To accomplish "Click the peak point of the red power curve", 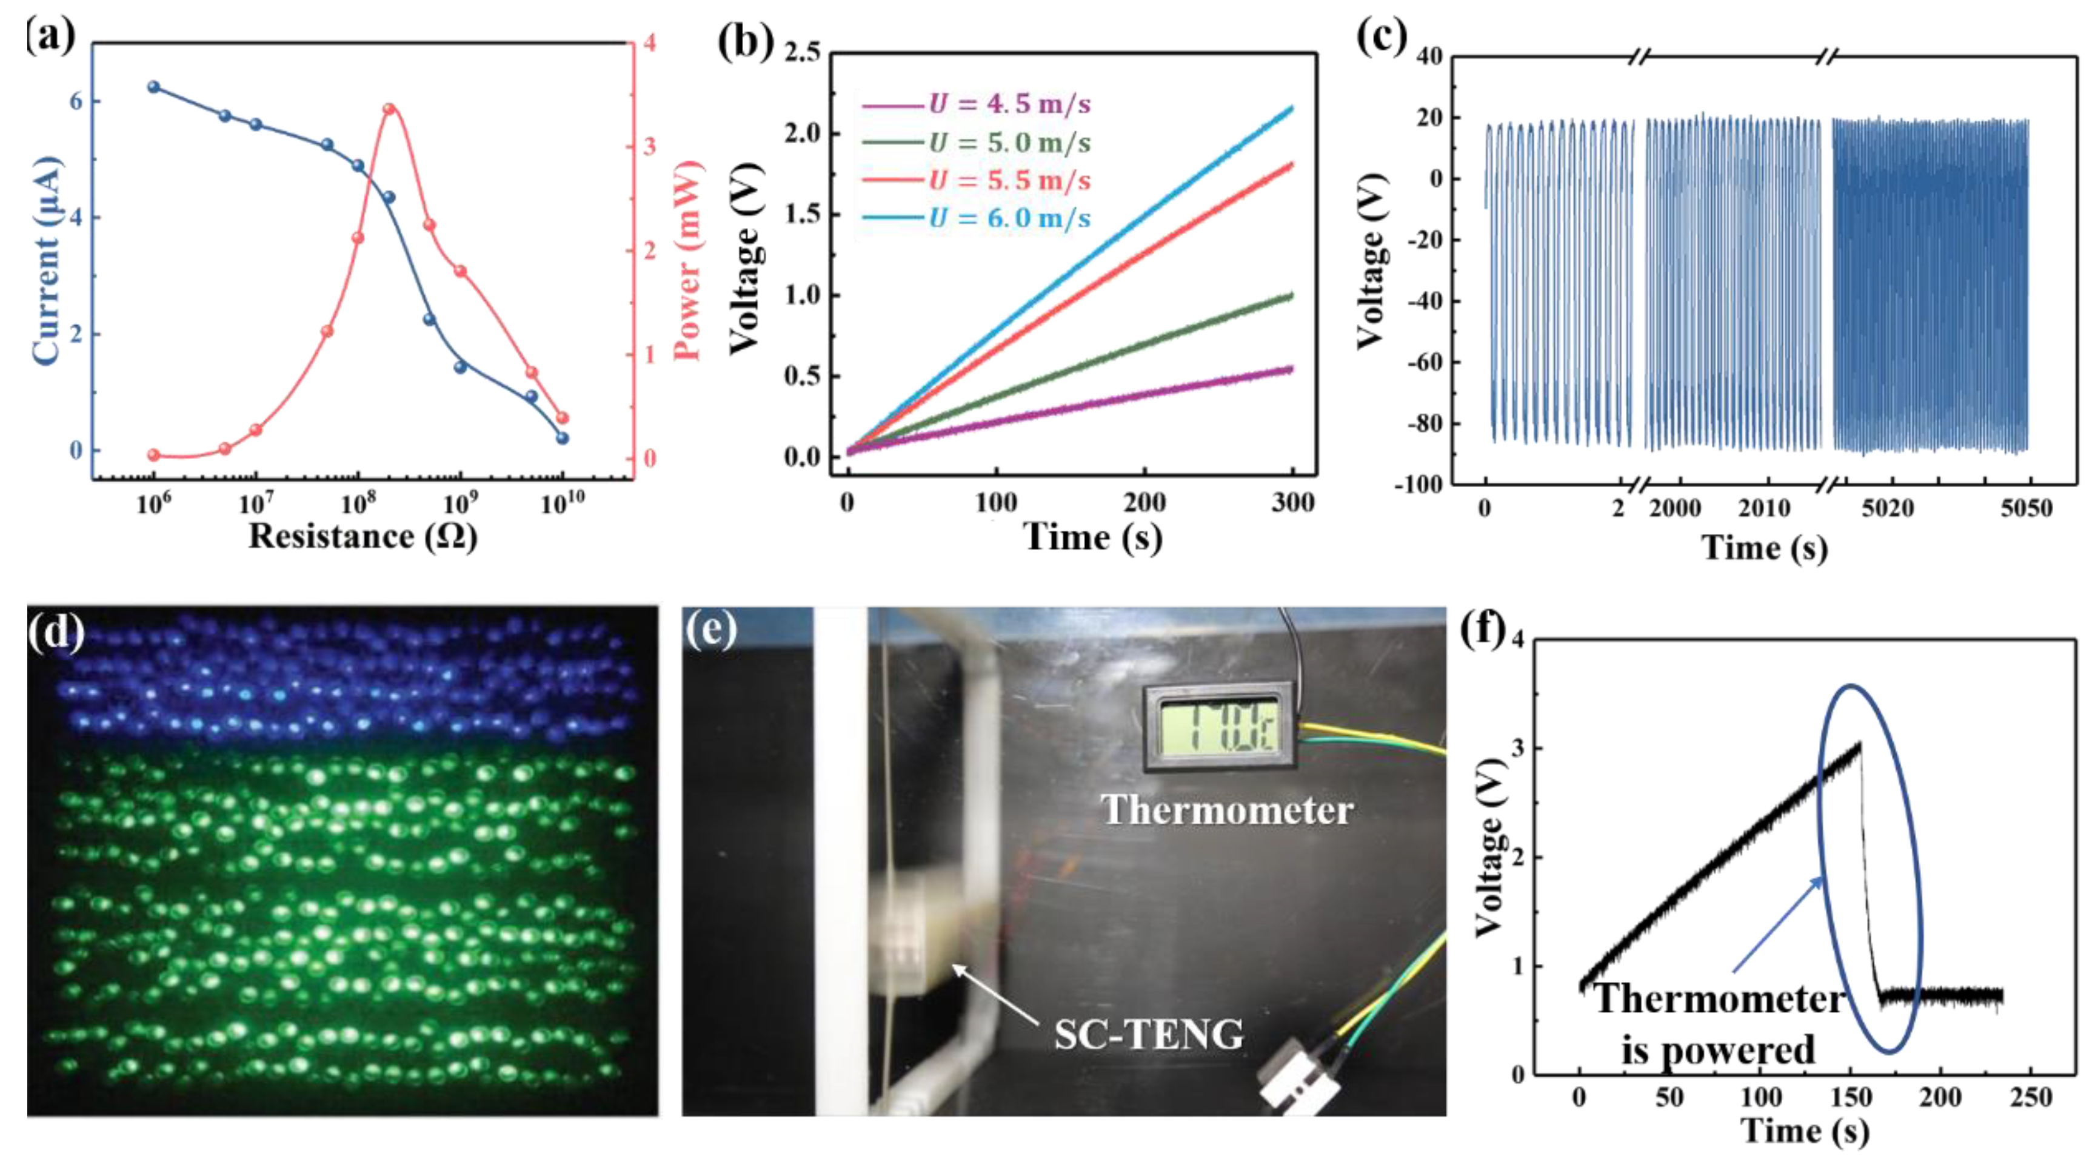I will (x=389, y=109).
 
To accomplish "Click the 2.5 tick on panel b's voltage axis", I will (x=802, y=52).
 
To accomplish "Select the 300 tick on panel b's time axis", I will (x=1292, y=503).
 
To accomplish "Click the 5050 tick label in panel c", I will (x=2026, y=510).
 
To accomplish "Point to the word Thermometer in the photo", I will (x=1226, y=810).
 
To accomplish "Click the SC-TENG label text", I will (x=1148, y=1035).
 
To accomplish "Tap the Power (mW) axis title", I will (x=688, y=260).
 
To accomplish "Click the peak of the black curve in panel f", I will (x=1859, y=743).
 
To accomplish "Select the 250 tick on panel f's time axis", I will (x=2031, y=1099).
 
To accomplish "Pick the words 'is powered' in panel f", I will (x=1717, y=1049).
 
